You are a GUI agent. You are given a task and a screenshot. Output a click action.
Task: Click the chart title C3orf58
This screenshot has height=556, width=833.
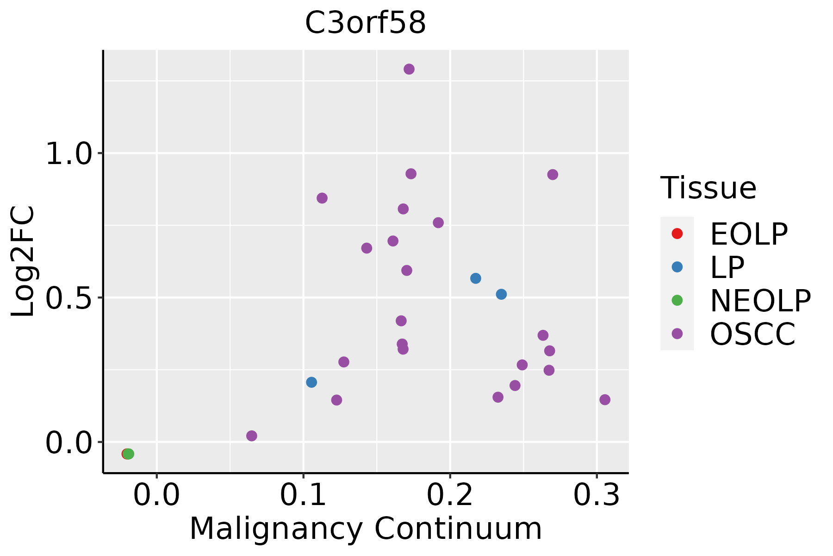point(365,23)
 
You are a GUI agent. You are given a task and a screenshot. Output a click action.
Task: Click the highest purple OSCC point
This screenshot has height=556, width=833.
point(409,69)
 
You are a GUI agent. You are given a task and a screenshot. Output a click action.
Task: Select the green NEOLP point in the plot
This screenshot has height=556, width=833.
point(129,454)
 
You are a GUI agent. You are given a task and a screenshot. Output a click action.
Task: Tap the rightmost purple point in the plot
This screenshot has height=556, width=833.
point(605,400)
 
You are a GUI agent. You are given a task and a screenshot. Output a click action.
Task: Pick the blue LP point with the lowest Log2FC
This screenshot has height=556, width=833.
point(311,382)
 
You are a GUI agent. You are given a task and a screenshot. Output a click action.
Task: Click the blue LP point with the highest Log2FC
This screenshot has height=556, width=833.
point(476,278)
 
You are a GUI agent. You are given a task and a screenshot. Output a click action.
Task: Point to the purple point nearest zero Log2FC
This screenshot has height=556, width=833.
point(252,436)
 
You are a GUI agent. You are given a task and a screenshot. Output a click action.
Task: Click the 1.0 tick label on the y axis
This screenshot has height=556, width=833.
point(69,154)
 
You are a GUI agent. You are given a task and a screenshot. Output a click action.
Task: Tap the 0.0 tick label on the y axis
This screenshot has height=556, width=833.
point(69,443)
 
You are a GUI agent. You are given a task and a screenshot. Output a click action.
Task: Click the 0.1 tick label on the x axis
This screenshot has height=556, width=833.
point(303,495)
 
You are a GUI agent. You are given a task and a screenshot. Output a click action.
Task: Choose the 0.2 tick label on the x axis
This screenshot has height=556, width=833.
point(450,495)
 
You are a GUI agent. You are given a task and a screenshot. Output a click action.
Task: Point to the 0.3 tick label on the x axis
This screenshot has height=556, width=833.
point(597,495)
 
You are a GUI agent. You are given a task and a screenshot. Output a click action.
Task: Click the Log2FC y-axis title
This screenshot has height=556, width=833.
point(23,261)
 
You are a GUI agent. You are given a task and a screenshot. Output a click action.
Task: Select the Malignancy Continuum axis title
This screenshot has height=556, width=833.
point(366,529)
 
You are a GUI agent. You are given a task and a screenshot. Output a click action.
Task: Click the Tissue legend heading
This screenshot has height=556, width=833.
point(709,188)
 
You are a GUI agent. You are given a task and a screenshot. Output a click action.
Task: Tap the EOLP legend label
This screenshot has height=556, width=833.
point(749,234)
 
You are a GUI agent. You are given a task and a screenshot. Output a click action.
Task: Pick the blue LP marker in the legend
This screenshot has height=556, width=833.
point(677,267)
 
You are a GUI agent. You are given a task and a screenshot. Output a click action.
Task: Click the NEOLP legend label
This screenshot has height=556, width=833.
point(760,301)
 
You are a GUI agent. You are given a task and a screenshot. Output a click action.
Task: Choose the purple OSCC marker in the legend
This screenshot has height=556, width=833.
point(677,334)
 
